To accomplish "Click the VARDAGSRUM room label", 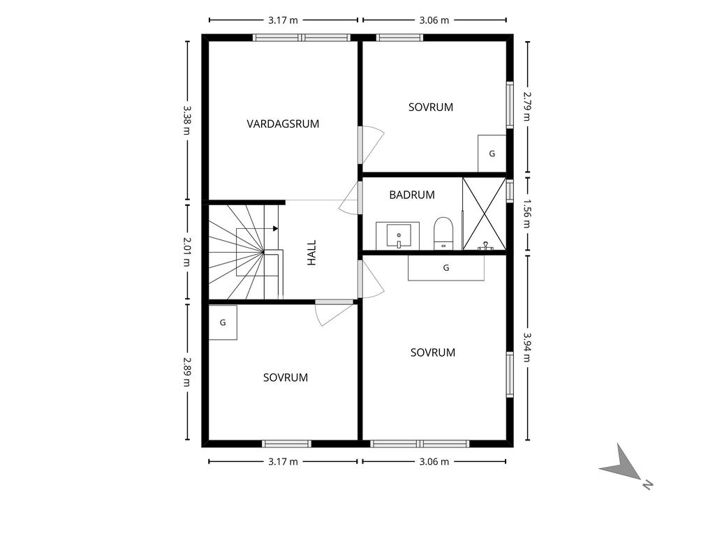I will coord(283,124).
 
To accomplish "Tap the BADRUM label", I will coord(412,195).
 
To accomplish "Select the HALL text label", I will coord(312,253).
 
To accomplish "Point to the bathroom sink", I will coord(398,235).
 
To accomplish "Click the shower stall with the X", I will coord(484,214).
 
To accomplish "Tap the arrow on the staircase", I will coord(276,228).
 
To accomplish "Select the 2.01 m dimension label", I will coord(187,253).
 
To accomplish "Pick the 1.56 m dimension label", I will coord(527,214).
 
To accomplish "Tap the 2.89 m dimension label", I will coord(187,372).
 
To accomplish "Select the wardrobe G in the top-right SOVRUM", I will coord(492,154).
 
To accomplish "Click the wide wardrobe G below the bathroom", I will coord(446,268).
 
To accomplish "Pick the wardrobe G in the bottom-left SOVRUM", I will coord(223,322).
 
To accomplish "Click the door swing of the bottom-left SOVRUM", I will coord(332,313).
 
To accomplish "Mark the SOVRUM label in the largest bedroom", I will coord(433,352).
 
